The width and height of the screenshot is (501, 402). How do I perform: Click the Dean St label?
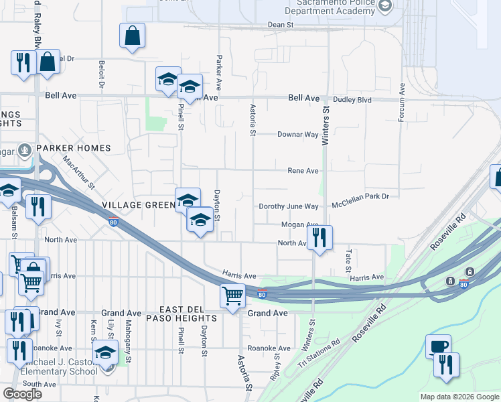(281, 24)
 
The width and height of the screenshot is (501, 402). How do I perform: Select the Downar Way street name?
(298, 134)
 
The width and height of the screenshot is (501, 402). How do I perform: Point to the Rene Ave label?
(302, 171)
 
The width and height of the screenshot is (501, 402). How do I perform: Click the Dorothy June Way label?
(289, 206)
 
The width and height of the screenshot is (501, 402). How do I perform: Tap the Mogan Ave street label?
(299, 225)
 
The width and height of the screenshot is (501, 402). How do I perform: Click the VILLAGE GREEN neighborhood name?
(137, 204)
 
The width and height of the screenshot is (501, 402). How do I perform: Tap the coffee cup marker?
(438, 346)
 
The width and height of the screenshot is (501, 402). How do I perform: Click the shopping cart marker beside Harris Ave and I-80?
(233, 295)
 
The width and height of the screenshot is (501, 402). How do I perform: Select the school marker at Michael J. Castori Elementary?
(105, 352)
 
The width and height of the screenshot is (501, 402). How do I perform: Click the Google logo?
(22, 394)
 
